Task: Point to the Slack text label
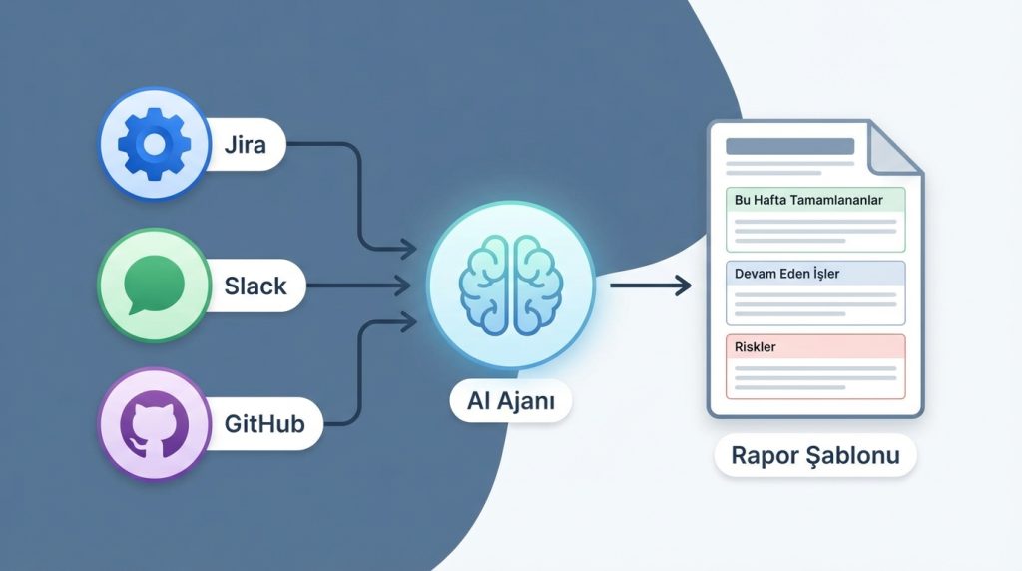[x=255, y=286]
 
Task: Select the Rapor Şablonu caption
[x=815, y=456]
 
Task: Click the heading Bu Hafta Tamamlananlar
[x=808, y=200]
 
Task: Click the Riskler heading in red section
[x=756, y=347]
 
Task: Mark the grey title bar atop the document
[x=789, y=146]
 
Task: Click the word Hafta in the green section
[x=771, y=200]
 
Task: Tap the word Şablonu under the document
[x=858, y=456]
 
